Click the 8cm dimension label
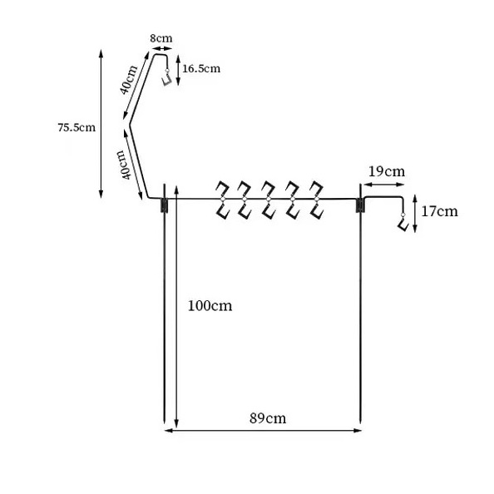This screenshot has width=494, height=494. point(161,38)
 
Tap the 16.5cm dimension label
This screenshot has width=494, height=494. point(201,69)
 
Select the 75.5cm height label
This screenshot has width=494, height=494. point(77,127)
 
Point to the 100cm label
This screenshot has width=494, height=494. point(210,306)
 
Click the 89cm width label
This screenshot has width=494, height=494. point(268,418)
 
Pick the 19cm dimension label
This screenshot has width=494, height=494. point(387,171)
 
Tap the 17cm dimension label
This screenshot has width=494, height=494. point(439,211)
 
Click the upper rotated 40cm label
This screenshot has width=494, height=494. point(129,80)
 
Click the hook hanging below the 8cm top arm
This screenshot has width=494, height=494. point(166,78)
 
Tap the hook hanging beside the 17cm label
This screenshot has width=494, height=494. point(403,222)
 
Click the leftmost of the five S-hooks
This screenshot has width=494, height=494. point(222,200)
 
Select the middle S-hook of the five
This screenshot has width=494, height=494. point(269,200)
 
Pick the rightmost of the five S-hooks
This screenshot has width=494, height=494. point(316,200)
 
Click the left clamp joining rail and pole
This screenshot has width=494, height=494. point(164,205)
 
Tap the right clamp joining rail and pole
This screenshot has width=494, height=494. point(360,205)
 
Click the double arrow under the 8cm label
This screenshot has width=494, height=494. point(161,48)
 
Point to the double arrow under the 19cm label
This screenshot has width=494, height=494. point(383,185)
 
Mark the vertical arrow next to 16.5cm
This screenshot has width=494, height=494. point(178,70)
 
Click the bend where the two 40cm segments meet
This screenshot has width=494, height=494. point(130,124)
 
